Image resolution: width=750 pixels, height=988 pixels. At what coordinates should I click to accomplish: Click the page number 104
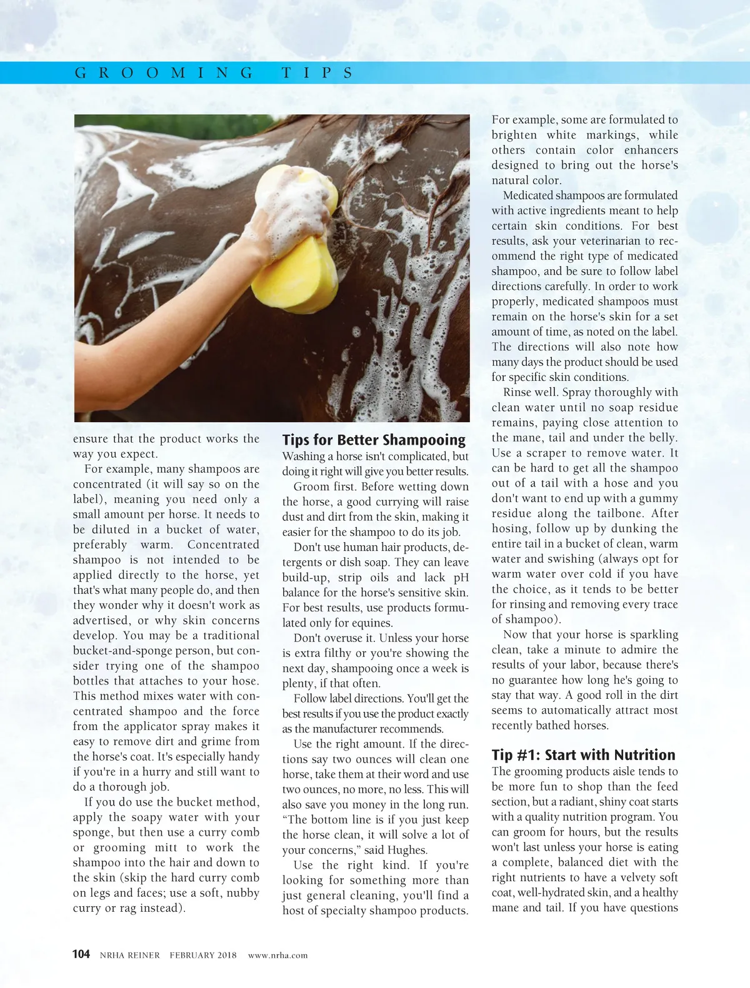pos(81,954)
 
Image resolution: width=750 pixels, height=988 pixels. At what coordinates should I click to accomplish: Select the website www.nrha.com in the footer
pos(277,955)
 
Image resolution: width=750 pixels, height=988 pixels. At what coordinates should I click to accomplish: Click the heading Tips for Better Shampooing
pos(374,440)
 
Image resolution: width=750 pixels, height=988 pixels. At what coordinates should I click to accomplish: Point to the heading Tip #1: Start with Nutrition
pos(583,754)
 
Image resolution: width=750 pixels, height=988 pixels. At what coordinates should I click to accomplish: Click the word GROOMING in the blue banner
pos(164,73)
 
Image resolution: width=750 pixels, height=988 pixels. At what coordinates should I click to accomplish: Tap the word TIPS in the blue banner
pos(317,73)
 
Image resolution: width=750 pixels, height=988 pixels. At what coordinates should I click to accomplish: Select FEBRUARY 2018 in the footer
pos(203,955)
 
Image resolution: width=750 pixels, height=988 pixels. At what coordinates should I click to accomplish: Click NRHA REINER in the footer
pos(129,955)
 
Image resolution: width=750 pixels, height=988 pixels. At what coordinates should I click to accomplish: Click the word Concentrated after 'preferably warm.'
pos(223,545)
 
